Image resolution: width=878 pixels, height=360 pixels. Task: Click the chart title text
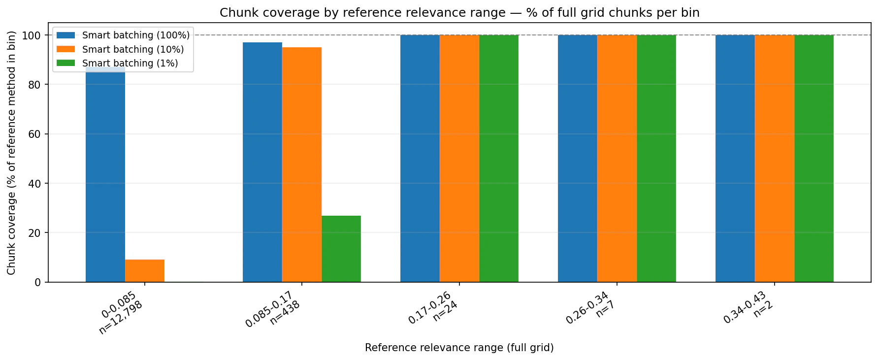tap(459, 13)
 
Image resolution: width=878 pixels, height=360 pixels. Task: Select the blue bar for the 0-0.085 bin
tap(105, 177)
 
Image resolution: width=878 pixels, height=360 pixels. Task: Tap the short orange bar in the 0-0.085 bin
tap(144, 271)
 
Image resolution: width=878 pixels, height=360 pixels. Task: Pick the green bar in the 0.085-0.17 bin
tap(341, 249)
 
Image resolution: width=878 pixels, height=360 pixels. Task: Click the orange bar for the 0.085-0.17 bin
tap(301, 165)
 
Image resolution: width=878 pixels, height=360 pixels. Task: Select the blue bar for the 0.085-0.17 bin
tap(262, 163)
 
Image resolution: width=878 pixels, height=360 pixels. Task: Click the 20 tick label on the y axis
tap(38, 233)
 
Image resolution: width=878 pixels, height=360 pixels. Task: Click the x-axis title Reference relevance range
tap(459, 348)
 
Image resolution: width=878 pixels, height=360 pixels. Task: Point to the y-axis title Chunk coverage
tap(11, 153)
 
